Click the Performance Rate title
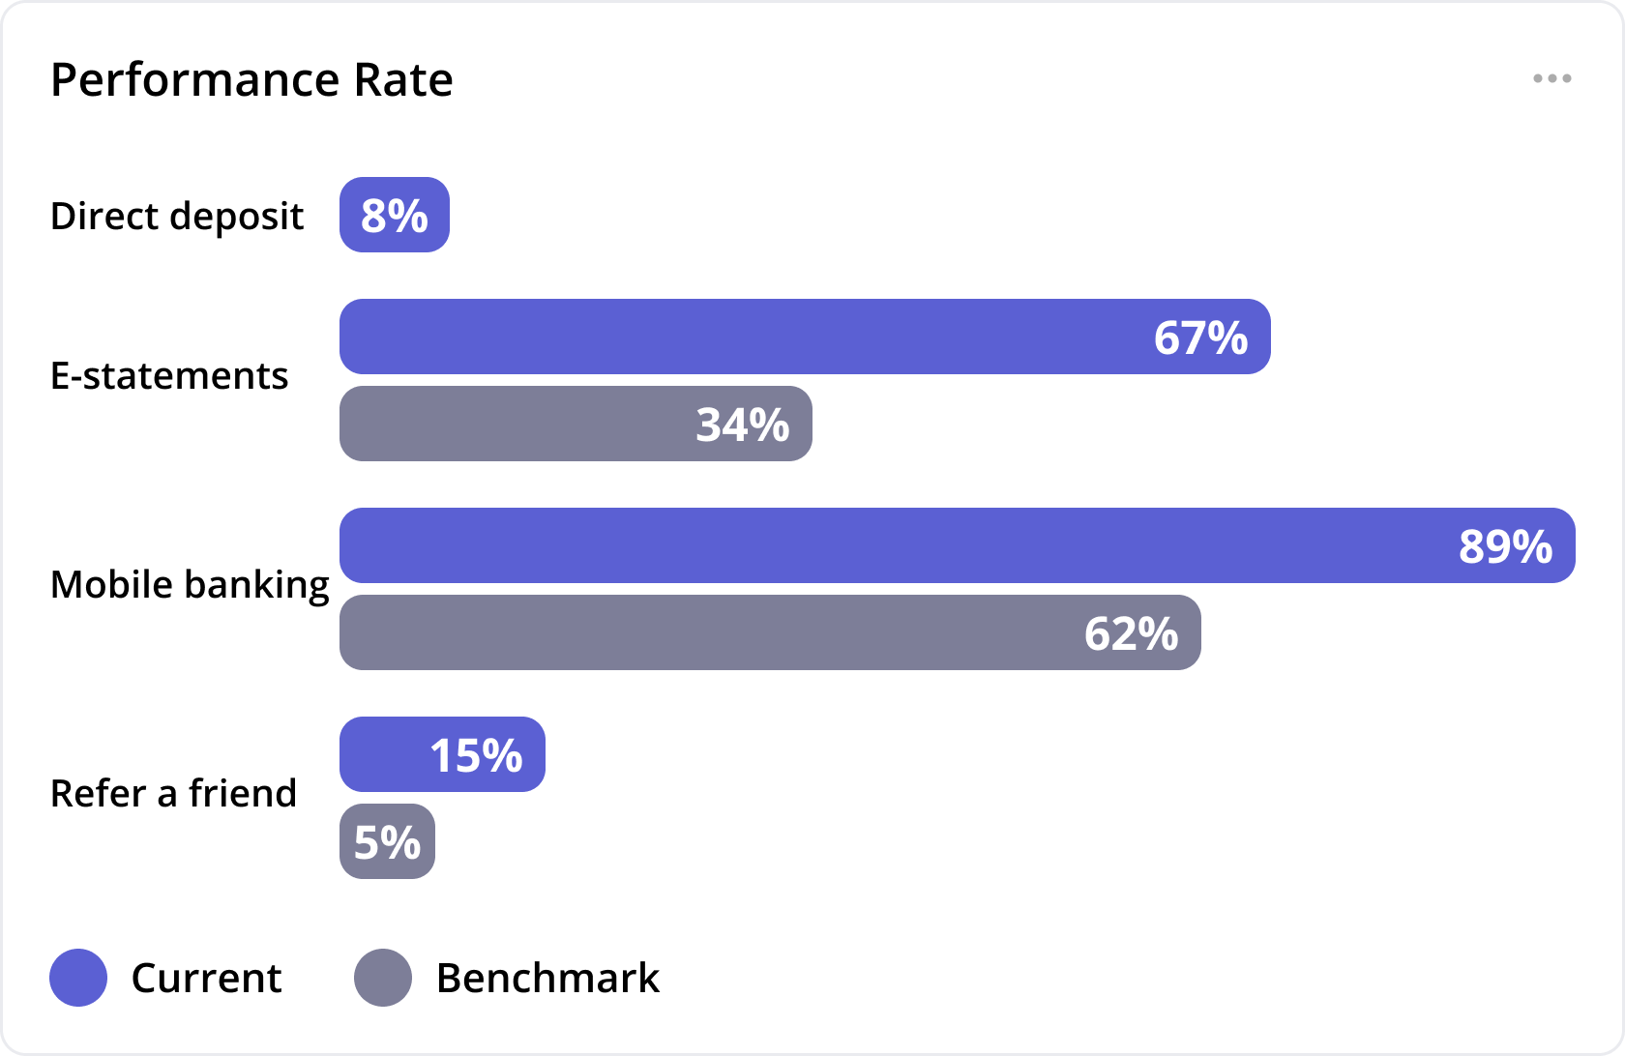(x=251, y=79)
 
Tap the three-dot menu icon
(x=1551, y=78)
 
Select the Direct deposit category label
(x=177, y=216)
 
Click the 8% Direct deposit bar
(x=395, y=215)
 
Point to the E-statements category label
(x=169, y=376)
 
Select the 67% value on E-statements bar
(x=1200, y=337)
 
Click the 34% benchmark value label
(x=743, y=425)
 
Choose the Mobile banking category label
(x=190, y=585)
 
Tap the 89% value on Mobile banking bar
(x=1505, y=546)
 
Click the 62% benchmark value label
(x=1131, y=633)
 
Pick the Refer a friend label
(x=173, y=794)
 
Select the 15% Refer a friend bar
(x=442, y=754)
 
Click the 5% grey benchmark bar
(x=387, y=841)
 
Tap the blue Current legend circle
(x=78, y=978)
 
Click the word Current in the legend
(x=206, y=978)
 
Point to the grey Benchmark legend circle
(x=383, y=978)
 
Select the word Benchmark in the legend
(x=547, y=978)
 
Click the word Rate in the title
(x=403, y=79)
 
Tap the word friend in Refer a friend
(x=243, y=794)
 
